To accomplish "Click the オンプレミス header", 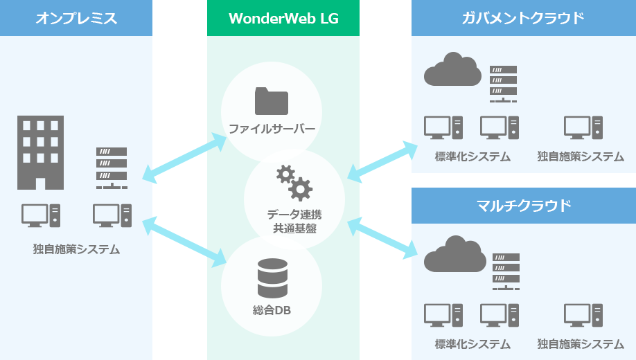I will [x=76, y=18].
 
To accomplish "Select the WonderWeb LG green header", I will [x=283, y=18].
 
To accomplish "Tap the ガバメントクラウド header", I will [x=523, y=18].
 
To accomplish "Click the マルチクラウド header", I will [x=523, y=205].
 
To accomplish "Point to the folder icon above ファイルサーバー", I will [x=272, y=101].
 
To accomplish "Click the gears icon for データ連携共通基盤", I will [x=294, y=183].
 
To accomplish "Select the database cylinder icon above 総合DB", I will [x=272, y=278].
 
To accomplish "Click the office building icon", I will [x=40, y=152].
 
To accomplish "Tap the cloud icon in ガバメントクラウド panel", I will [x=452, y=69].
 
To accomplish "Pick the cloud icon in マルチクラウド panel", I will [x=452, y=255].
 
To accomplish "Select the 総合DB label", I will [x=272, y=311].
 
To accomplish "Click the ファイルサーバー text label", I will [x=272, y=129].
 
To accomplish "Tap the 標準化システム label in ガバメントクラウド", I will [x=472, y=156].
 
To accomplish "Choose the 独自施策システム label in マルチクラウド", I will [x=581, y=343].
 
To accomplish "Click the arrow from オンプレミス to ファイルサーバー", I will [x=185, y=158].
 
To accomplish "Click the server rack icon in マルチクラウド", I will [x=506, y=271].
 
